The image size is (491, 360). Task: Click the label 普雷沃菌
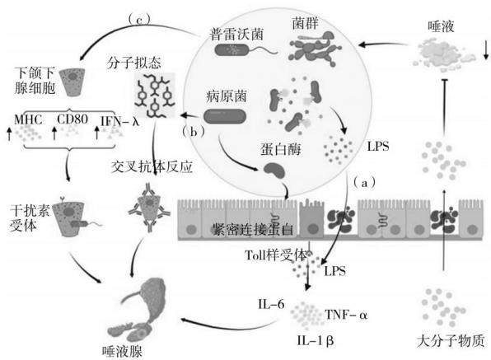click(236, 34)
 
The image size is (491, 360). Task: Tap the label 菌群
click(306, 22)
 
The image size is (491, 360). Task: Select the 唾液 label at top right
click(441, 26)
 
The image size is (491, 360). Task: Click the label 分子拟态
click(134, 63)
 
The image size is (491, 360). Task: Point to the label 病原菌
click(227, 96)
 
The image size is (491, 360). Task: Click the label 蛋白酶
click(281, 149)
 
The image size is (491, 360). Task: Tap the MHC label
click(28, 119)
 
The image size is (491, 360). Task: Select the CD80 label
click(72, 119)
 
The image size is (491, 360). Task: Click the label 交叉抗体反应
click(152, 167)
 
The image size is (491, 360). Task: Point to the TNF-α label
click(346, 315)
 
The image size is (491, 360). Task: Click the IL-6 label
click(271, 304)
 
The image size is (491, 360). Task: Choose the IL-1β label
click(316, 340)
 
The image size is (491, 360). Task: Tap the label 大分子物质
click(451, 340)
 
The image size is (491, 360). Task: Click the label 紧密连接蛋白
click(252, 230)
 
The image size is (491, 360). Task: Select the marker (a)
click(364, 183)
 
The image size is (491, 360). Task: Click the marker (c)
click(139, 20)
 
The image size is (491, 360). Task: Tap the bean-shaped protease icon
click(274, 171)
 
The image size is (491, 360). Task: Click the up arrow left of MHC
click(9, 133)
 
